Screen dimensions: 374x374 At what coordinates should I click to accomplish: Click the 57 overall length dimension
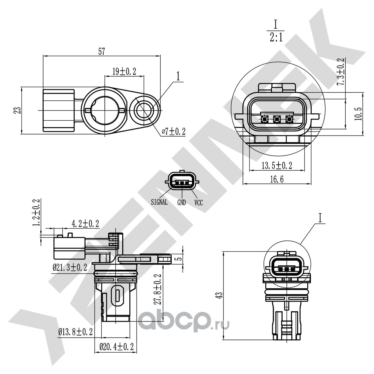(x=101, y=51)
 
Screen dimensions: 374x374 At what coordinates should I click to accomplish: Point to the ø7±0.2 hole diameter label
(x=174, y=132)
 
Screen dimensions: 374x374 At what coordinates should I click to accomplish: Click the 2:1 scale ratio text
(x=276, y=38)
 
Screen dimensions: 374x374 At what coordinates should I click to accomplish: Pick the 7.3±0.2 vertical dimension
(x=341, y=71)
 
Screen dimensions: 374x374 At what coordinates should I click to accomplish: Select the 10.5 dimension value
(x=358, y=114)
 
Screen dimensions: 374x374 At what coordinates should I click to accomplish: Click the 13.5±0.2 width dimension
(x=277, y=165)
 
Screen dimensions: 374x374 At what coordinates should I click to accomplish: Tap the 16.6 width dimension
(x=277, y=179)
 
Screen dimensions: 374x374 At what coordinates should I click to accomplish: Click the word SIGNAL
(x=159, y=202)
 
